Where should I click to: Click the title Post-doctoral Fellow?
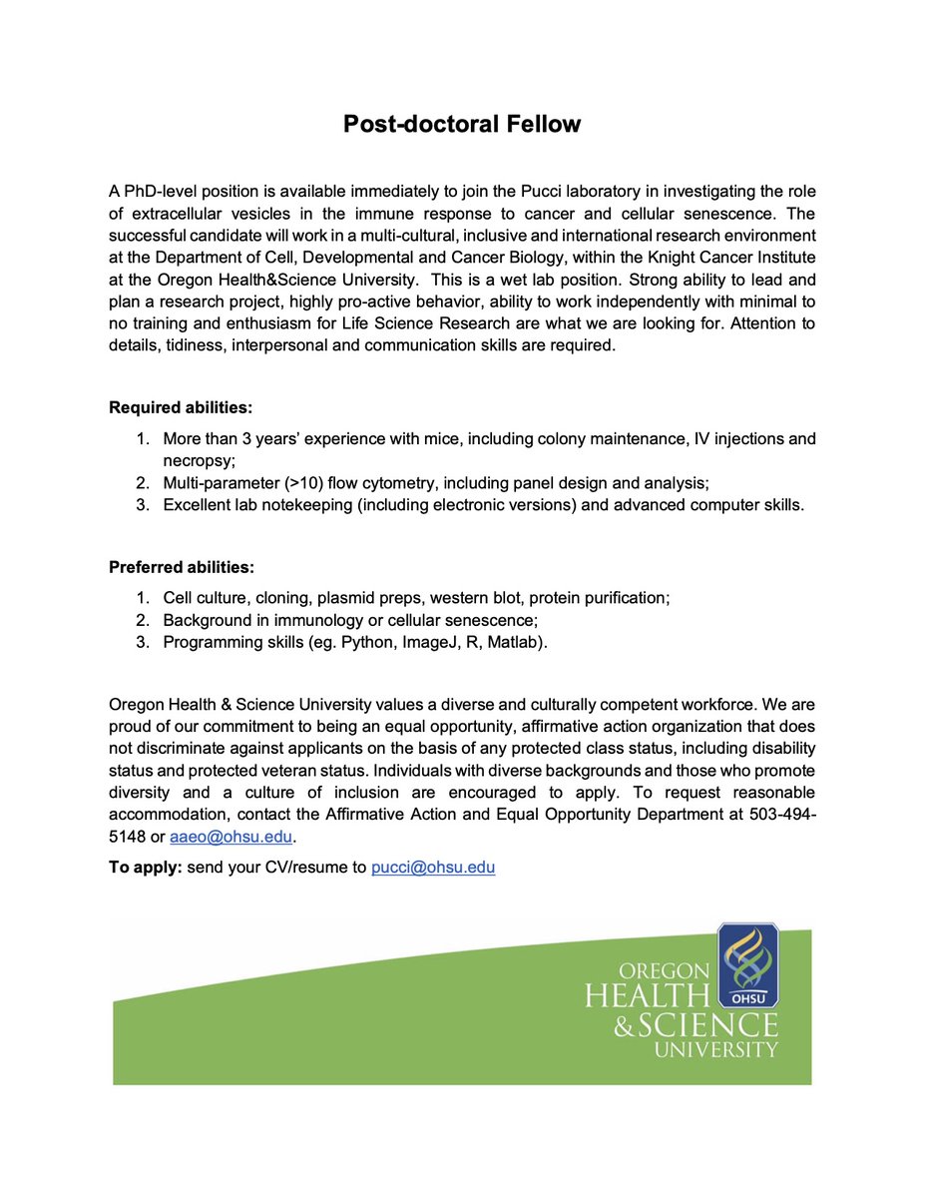pos(462,124)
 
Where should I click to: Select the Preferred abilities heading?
pos(181,567)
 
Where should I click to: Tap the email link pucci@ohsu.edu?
pos(433,868)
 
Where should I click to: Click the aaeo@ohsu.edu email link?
pos(218,838)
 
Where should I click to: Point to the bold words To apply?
pos(146,868)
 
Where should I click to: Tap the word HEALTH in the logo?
pos(646,995)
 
